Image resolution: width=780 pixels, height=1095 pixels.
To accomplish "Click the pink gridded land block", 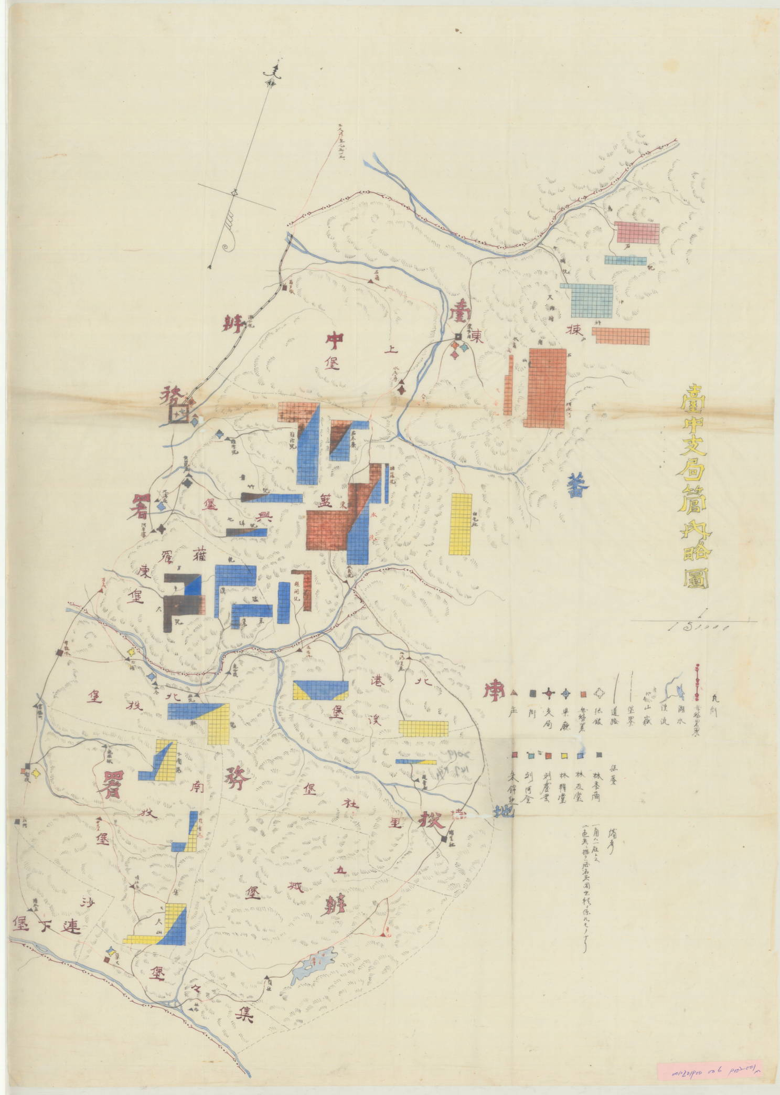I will [x=637, y=232].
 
